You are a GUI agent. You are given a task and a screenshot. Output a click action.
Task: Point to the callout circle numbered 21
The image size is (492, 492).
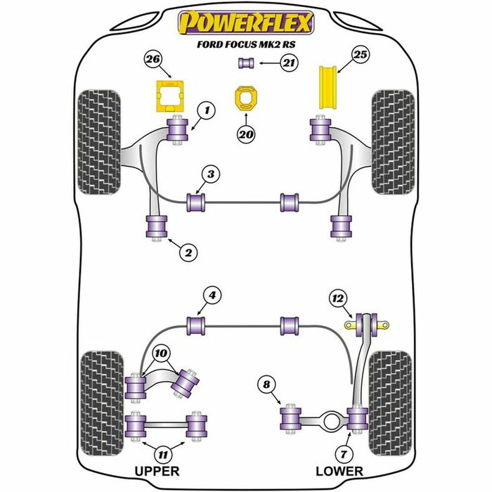[288, 64]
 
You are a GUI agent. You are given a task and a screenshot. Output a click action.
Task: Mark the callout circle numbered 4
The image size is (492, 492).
[209, 297]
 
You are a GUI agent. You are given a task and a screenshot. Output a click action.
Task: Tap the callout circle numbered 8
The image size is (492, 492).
[266, 384]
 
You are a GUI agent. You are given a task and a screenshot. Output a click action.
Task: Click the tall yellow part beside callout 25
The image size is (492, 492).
[326, 88]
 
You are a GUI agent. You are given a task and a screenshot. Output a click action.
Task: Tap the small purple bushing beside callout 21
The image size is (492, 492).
[246, 65]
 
